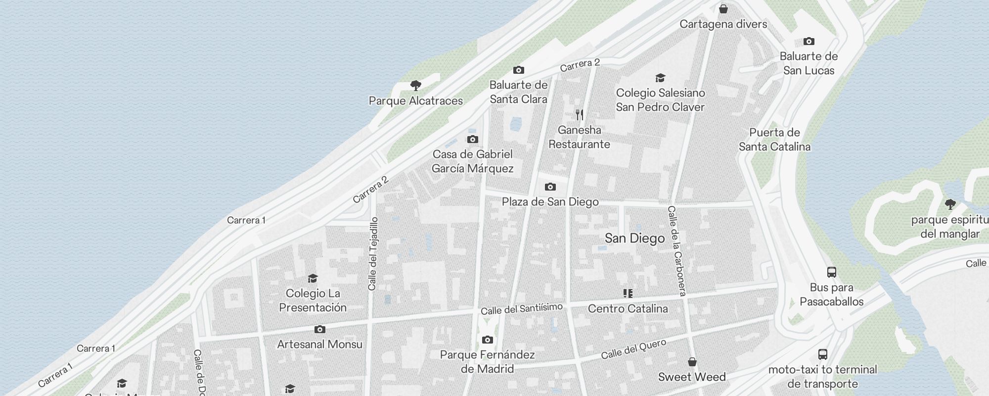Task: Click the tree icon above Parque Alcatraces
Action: [416, 86]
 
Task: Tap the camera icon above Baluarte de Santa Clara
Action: [518, 70]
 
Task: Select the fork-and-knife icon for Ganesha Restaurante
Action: [580, 115]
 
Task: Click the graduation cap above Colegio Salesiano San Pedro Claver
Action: [660, 78]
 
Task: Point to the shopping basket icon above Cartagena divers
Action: [723, 9]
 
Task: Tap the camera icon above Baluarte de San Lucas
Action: [809, 41]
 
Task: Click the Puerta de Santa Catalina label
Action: [774, 140]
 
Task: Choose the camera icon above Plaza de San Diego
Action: [550, 187]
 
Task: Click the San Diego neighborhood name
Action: [634, 239]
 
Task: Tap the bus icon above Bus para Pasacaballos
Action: [831, 272]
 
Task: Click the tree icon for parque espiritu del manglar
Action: [950, 204]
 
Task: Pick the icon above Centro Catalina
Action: [628, 294]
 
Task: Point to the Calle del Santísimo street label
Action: [521, 309]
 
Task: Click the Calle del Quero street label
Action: [633, 349]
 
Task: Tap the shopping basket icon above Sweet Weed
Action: [692, 362]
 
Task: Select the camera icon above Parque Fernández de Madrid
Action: [487, 340]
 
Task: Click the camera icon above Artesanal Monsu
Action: [319, 329]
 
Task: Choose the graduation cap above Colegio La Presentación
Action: [313, 278]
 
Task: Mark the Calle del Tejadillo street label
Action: [373, 253]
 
